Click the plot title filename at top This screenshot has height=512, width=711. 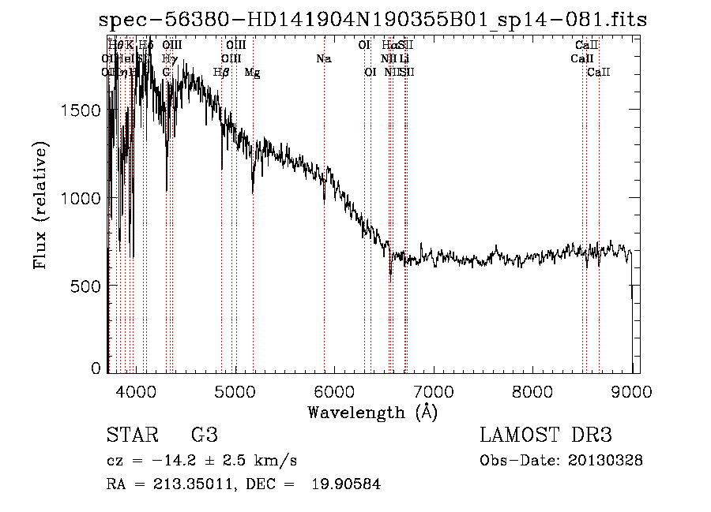coord(376,20)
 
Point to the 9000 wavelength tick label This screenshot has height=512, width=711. coord(631,391)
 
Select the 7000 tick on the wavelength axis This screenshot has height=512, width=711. coord(434,391)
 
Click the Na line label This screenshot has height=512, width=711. coord(323,58)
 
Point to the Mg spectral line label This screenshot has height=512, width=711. coord(252,73)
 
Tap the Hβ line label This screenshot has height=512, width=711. coord(221,73)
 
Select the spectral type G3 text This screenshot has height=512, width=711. coord(204,435)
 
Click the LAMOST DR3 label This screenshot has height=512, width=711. coord(546,435)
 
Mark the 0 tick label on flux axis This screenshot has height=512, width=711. coord(96,368)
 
